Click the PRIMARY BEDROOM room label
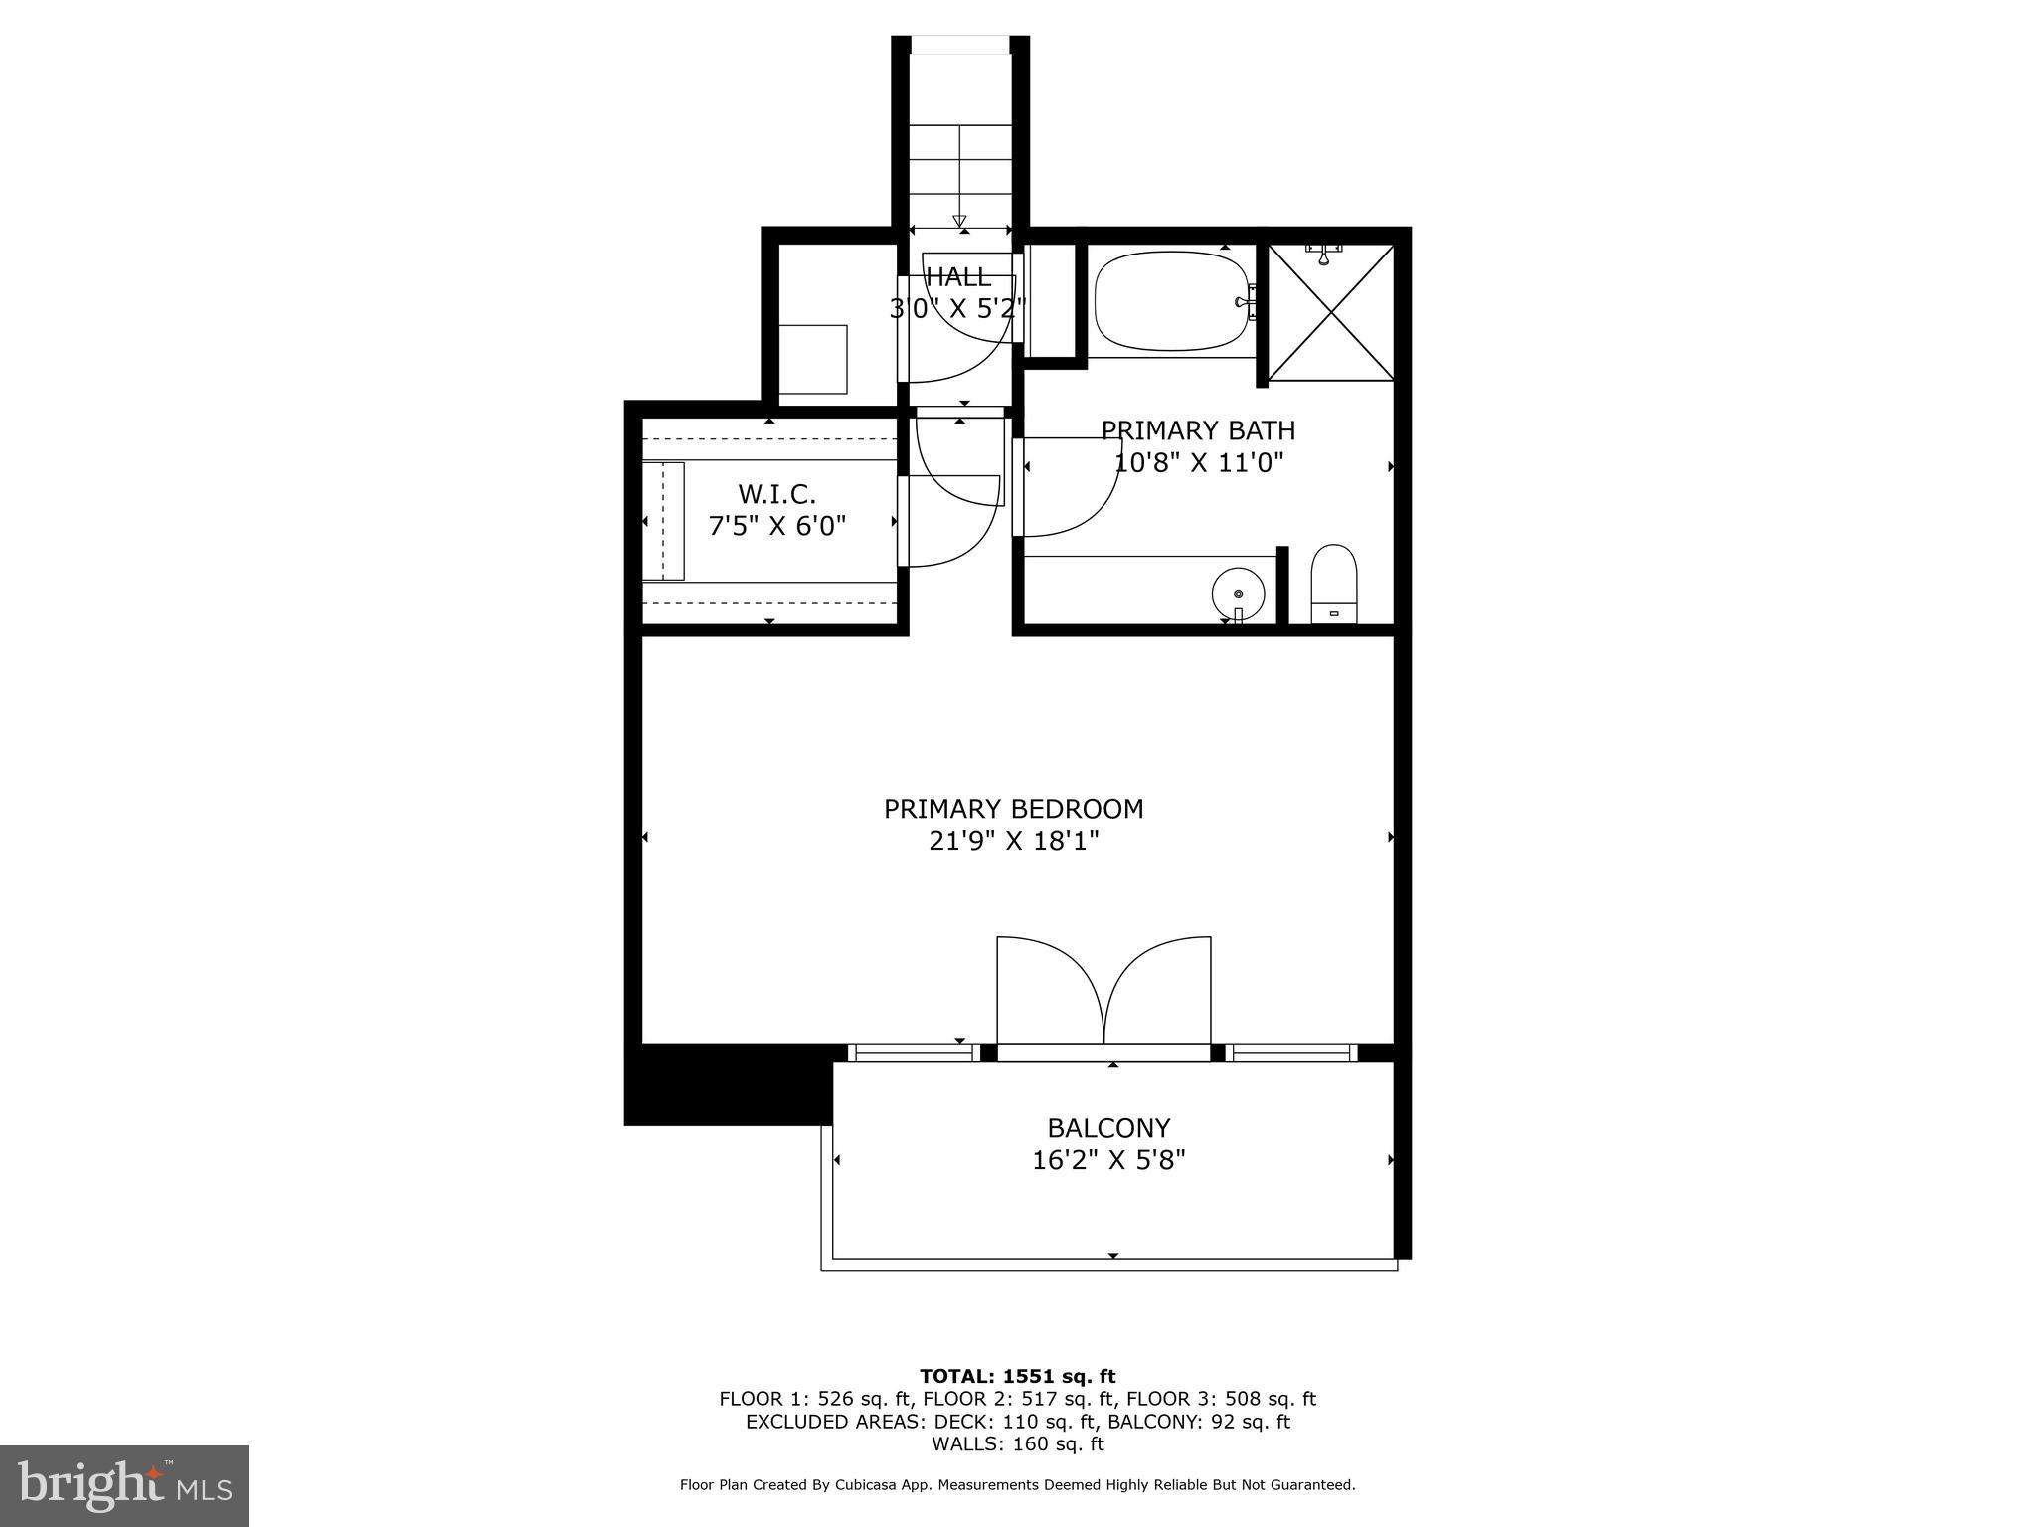[1013, 809]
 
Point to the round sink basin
[1238, 594]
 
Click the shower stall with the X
[1331, 312]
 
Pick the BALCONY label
[1108, 1128]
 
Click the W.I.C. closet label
[776, 493]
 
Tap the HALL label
[958, 276]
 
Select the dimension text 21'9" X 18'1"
[1013, 842]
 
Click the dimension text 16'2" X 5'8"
[1108, 1160]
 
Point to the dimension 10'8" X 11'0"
[1199, 462]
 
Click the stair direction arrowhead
[959, 221]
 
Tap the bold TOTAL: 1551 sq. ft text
[1017, 1376]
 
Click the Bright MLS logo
[124, 1486]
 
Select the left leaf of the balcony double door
[1050, 990]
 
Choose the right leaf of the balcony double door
[1159, 990]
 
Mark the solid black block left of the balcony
[728, 1085]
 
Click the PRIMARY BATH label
[1198, 430]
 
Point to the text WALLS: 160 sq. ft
[1017, 1443]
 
